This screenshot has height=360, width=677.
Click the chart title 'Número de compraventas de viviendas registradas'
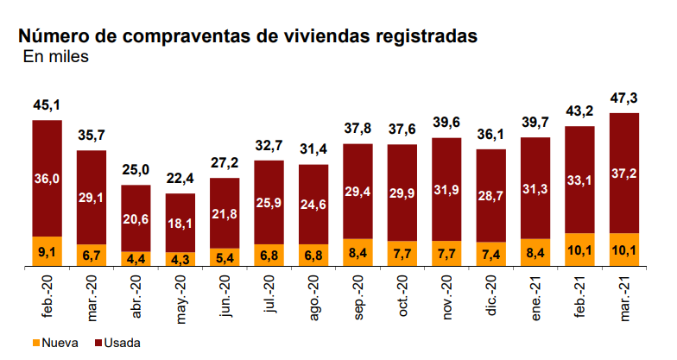[x=247, y=36]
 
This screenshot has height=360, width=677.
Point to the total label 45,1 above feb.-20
[x=47, y=106]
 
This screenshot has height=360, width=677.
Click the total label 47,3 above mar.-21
[x=624, y=98]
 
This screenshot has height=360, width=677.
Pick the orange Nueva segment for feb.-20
[x=47, y=252]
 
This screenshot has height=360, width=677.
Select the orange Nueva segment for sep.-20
[x=358, y=253]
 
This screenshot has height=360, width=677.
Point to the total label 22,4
[x=180, y=179]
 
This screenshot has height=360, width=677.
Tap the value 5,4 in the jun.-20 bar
[x=225, y=257]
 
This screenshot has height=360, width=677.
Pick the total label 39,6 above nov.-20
[x=447, y=123]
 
